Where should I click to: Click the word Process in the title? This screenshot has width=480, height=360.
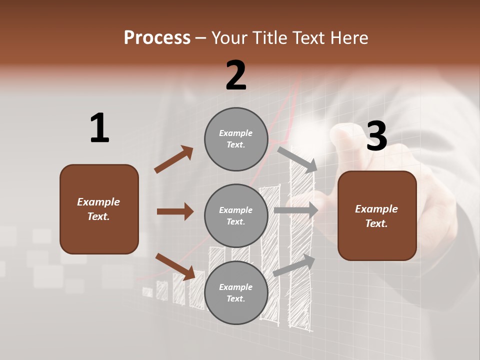click(x=157, y=37)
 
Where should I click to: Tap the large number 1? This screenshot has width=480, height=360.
click(x=99, y=128)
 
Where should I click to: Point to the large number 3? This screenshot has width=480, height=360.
click(x=376, y=136)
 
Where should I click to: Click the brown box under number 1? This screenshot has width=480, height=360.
click(x=99, y=209)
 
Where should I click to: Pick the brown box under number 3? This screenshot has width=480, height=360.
click(x=377, y=215)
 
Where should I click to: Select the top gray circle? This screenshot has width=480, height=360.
click(x=236, y=139)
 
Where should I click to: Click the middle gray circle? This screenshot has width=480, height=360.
click(x=236, y=215)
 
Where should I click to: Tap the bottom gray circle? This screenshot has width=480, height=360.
click(x=236, y=292)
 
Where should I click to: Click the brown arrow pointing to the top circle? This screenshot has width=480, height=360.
click(x=174, y=159)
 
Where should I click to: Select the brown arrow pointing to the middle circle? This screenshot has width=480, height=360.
click(x=175, y=211)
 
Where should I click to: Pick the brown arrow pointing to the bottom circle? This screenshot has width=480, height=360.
click(x=175, y=266)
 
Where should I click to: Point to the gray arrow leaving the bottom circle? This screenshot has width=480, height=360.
click(x=294, y=265)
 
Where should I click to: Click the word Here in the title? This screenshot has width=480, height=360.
click(x=349, y=37)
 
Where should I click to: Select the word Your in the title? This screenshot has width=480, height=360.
click(x=228, y=37)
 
